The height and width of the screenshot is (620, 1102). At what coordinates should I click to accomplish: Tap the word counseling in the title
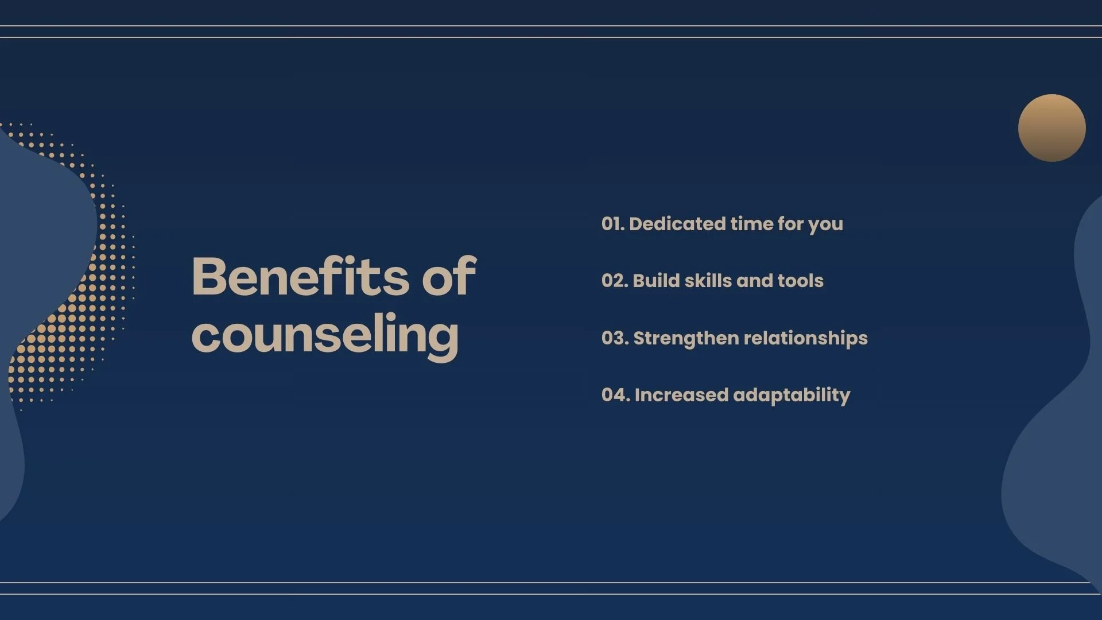(x=325, y=335)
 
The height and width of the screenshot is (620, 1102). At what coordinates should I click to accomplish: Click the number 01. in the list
(x=612, y=223)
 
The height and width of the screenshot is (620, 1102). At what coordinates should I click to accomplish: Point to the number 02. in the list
(x=614, y=280)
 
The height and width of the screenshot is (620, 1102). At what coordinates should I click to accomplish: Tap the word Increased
(x=681, y=394)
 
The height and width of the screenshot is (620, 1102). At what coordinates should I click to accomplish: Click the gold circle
(x=1051, y=128)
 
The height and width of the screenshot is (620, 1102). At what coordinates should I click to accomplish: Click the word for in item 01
(x=790, y=223)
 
